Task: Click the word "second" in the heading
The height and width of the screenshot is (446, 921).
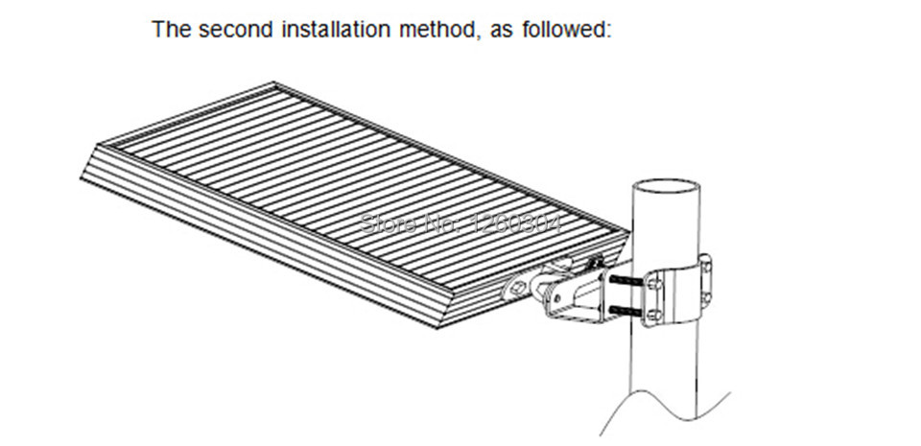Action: (230, 29)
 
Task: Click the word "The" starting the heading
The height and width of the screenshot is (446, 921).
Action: (170, 29)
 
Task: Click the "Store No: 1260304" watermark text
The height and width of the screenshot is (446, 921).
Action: (459, 224)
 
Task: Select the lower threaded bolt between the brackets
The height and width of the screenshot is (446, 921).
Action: (625, 308)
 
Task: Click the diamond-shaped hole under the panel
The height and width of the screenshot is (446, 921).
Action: (520, 285)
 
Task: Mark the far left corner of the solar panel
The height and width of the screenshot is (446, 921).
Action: (83, 176)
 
